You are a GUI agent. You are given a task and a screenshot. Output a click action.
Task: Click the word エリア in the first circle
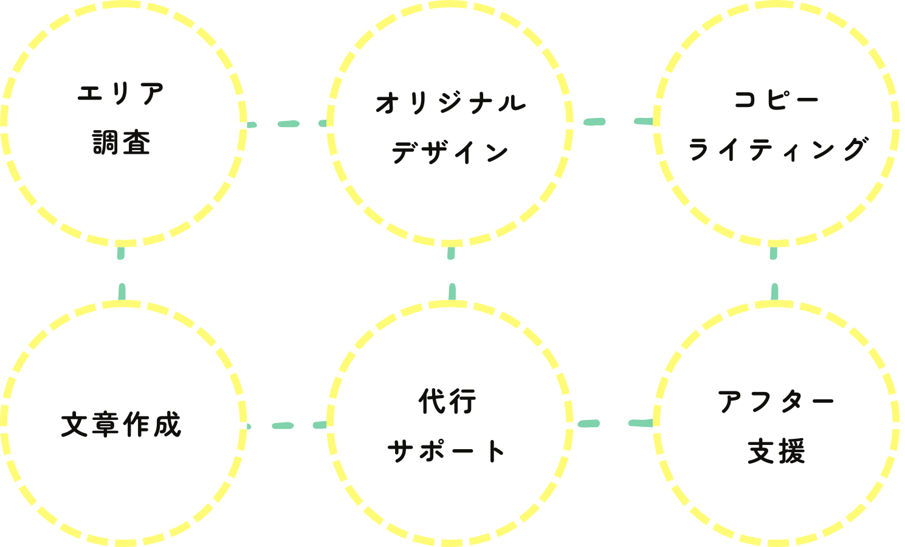pos(121,94)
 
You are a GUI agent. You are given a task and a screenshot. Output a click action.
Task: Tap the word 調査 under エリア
pos(122,143)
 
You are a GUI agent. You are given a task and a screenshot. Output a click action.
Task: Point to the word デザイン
pos(450,152)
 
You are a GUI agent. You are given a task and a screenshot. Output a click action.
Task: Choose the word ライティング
pos(777,149)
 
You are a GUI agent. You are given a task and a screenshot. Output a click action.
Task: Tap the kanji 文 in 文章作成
pos(75,425)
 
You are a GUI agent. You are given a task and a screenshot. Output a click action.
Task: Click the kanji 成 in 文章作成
pos(168,425)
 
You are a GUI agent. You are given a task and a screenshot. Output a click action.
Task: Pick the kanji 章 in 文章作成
pos(105,425)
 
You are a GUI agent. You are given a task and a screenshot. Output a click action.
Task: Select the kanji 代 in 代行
pos(432,401)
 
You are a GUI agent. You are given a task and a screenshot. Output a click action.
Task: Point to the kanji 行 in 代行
pos(463,401)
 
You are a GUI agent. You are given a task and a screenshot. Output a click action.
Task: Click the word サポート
pos(447,451)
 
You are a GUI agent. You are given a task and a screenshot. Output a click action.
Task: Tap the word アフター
pos(776,402)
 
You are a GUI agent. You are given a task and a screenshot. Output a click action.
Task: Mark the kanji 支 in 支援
pos(761,451)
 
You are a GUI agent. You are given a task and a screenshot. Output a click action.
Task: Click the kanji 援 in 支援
pos(792,451)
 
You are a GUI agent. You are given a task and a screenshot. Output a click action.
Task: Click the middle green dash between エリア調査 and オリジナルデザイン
pos(289,123)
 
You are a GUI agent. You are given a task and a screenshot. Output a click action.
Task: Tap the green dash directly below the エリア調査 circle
pos(121,253)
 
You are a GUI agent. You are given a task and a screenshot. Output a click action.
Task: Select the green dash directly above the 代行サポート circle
pos(452,292)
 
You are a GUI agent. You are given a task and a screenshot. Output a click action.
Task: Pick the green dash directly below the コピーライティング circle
pos(774,253)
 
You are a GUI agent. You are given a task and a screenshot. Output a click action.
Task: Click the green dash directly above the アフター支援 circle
pos(775,292)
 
